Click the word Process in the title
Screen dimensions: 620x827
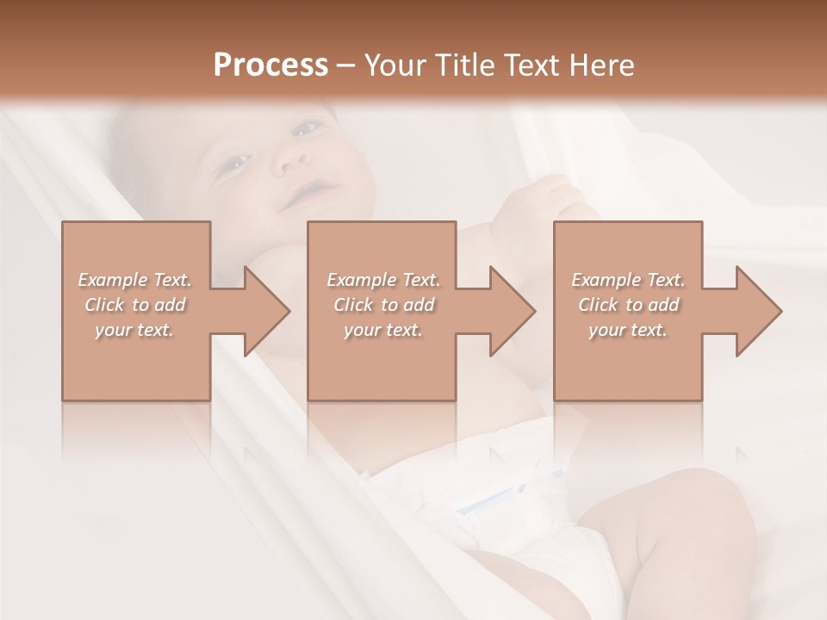pyautogui.click(x=270, y=65)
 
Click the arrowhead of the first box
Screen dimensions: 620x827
pyautogui.click(x=264, y=311)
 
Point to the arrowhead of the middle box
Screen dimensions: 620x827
pyautogui.click(x=511, y=311)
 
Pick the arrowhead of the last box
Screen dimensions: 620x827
pyautogui.click(x=757, y=311)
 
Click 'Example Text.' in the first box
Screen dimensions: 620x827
pyautogui.click(x=134, y=280)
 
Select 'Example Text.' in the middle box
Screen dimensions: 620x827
pyautogui.click(x=382, y=280)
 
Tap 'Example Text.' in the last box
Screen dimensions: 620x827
pyautogui.click(x=628, y=280)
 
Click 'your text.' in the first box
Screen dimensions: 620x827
pyautogui.click(x=134, y=330)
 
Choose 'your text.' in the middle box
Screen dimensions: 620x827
pyautogui.click(x=382, y=330)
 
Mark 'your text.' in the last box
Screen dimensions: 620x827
pyautogui.click(x=628, y=330)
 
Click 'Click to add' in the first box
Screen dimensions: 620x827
pyautogui.click(x=134, y=305)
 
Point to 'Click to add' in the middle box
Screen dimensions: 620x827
pyautogui.click(x=382, y=305)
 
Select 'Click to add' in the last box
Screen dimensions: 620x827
pyautogui.click(x=628, y=305)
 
